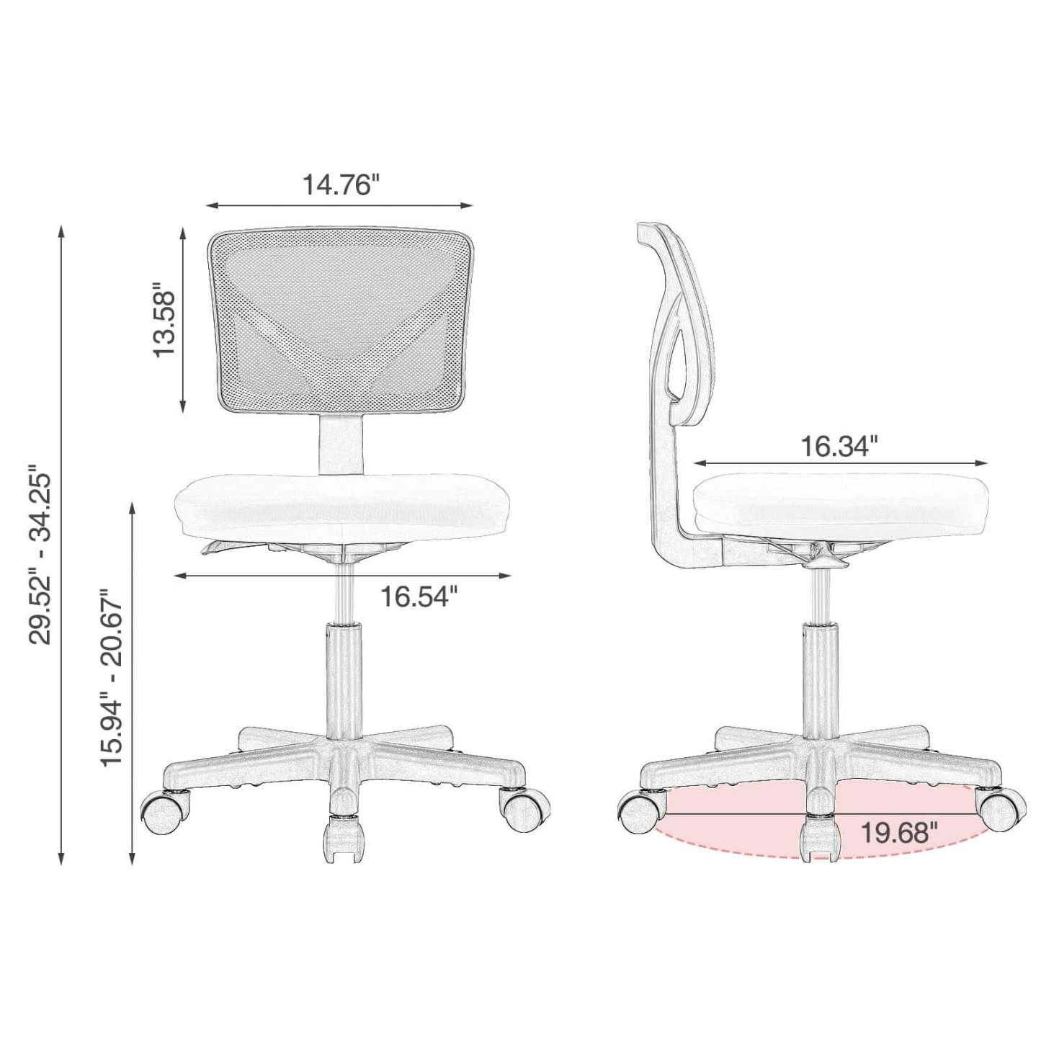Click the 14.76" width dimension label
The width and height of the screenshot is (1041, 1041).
click(x=339, y=184)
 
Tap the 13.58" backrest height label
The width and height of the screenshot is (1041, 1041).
click(x=164, y=322)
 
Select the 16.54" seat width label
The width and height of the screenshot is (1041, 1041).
click(x=419, y=597)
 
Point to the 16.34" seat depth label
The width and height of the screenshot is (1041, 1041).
click(x=839, y=446)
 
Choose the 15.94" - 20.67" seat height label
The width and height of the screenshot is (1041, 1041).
click(x=112, y=679)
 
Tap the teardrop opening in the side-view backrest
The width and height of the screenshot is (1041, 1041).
click(x=675, y=353)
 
